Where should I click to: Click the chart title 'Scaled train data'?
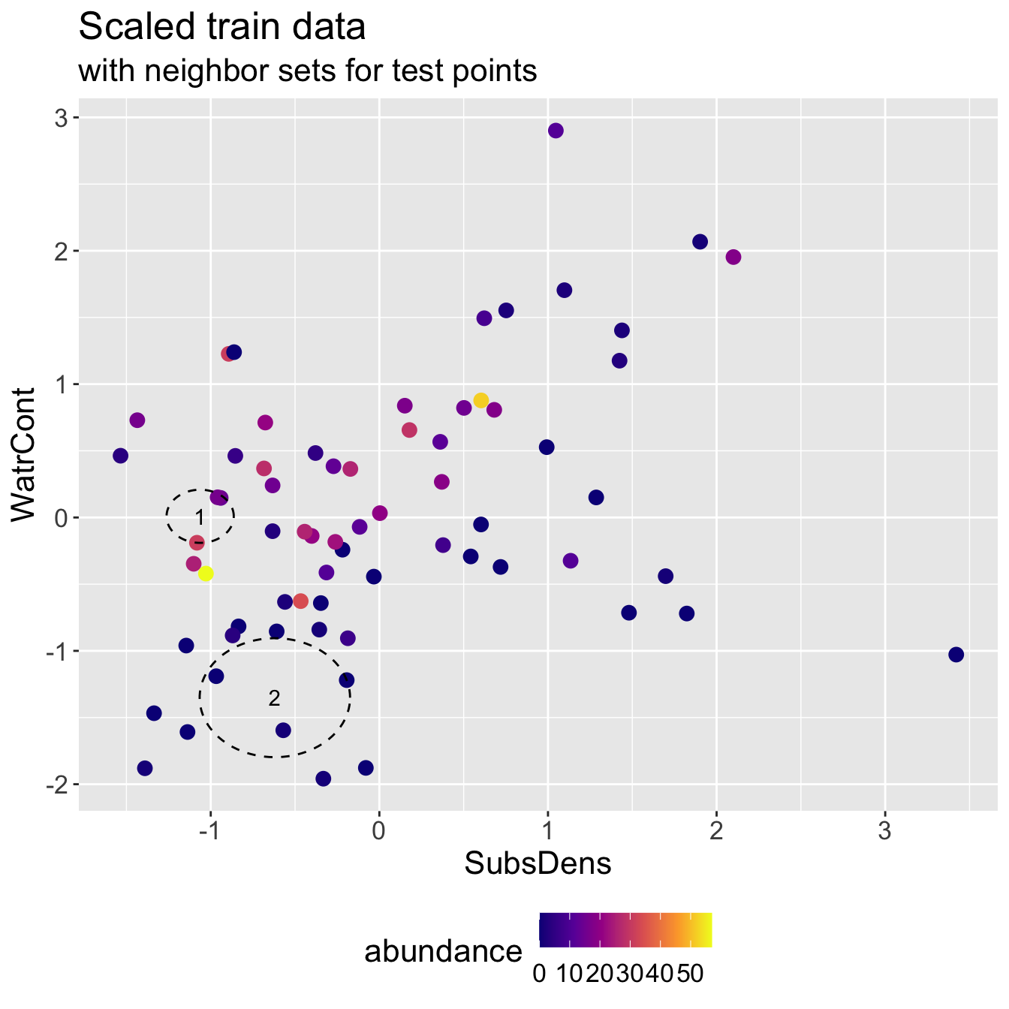[222, 29]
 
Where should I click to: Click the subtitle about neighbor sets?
[307, 71]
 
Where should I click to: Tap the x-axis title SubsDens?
[538, 864]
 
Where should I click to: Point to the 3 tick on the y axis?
[60, 118]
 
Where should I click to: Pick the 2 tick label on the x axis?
[716, 832]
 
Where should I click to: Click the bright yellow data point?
[206, 574]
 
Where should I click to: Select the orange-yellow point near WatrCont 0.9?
[481, 400]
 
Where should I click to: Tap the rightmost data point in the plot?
[956, 655]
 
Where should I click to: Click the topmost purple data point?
[556, 131]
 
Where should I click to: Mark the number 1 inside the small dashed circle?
[200, 517]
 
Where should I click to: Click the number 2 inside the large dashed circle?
[274, 698]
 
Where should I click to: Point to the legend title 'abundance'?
[443, 952]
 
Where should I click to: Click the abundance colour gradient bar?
[625, 930]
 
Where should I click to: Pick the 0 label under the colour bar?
[539, 974]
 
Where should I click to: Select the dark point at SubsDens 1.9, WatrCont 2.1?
[700, 242]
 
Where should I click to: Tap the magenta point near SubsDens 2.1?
[733, 258]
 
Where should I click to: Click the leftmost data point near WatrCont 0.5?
[120, 456]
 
